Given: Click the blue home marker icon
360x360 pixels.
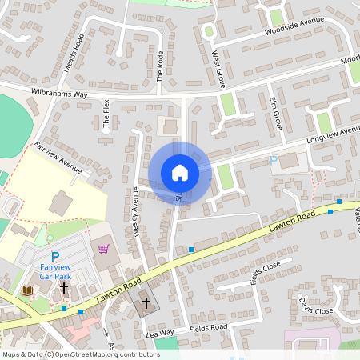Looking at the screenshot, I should tap(179, 173).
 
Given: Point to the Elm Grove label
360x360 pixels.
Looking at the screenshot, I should tap(277, 115).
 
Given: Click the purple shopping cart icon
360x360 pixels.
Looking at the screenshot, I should tap(103, 249).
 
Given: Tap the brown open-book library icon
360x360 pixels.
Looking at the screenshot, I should tap(27, 290).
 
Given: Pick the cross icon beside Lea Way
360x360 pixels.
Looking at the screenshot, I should tap(145, 303).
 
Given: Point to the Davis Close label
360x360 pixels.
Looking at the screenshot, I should tap(316, 305).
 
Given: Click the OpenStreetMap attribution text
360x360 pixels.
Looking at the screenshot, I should tap(80, 354).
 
